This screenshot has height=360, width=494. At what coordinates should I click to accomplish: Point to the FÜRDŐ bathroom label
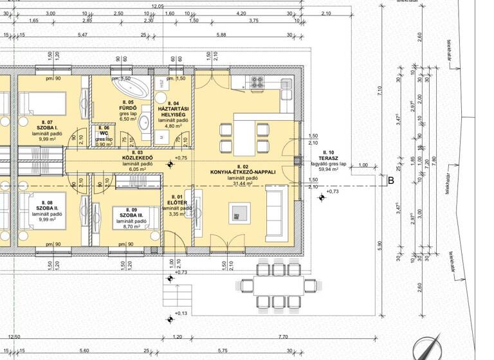(x=129, y=107)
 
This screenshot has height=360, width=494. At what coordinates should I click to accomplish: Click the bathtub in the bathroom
(x=131, y=86)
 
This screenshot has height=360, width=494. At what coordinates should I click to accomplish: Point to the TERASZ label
(x=328, y=157)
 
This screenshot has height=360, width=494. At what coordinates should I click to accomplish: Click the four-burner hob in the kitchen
(x=257, y=82)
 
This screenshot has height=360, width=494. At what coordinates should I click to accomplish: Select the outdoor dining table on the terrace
(x=278, y=284)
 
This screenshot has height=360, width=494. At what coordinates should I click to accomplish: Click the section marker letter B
(x=390, y=181)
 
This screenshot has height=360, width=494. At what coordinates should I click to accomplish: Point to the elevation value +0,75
(x=181, y=158)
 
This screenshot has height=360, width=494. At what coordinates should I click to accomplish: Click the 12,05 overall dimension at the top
(x=158, y=6)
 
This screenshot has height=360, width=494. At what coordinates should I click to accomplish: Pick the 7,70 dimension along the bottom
(x=283, y=337)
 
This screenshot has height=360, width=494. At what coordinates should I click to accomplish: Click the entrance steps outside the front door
(x=176, y=296)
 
